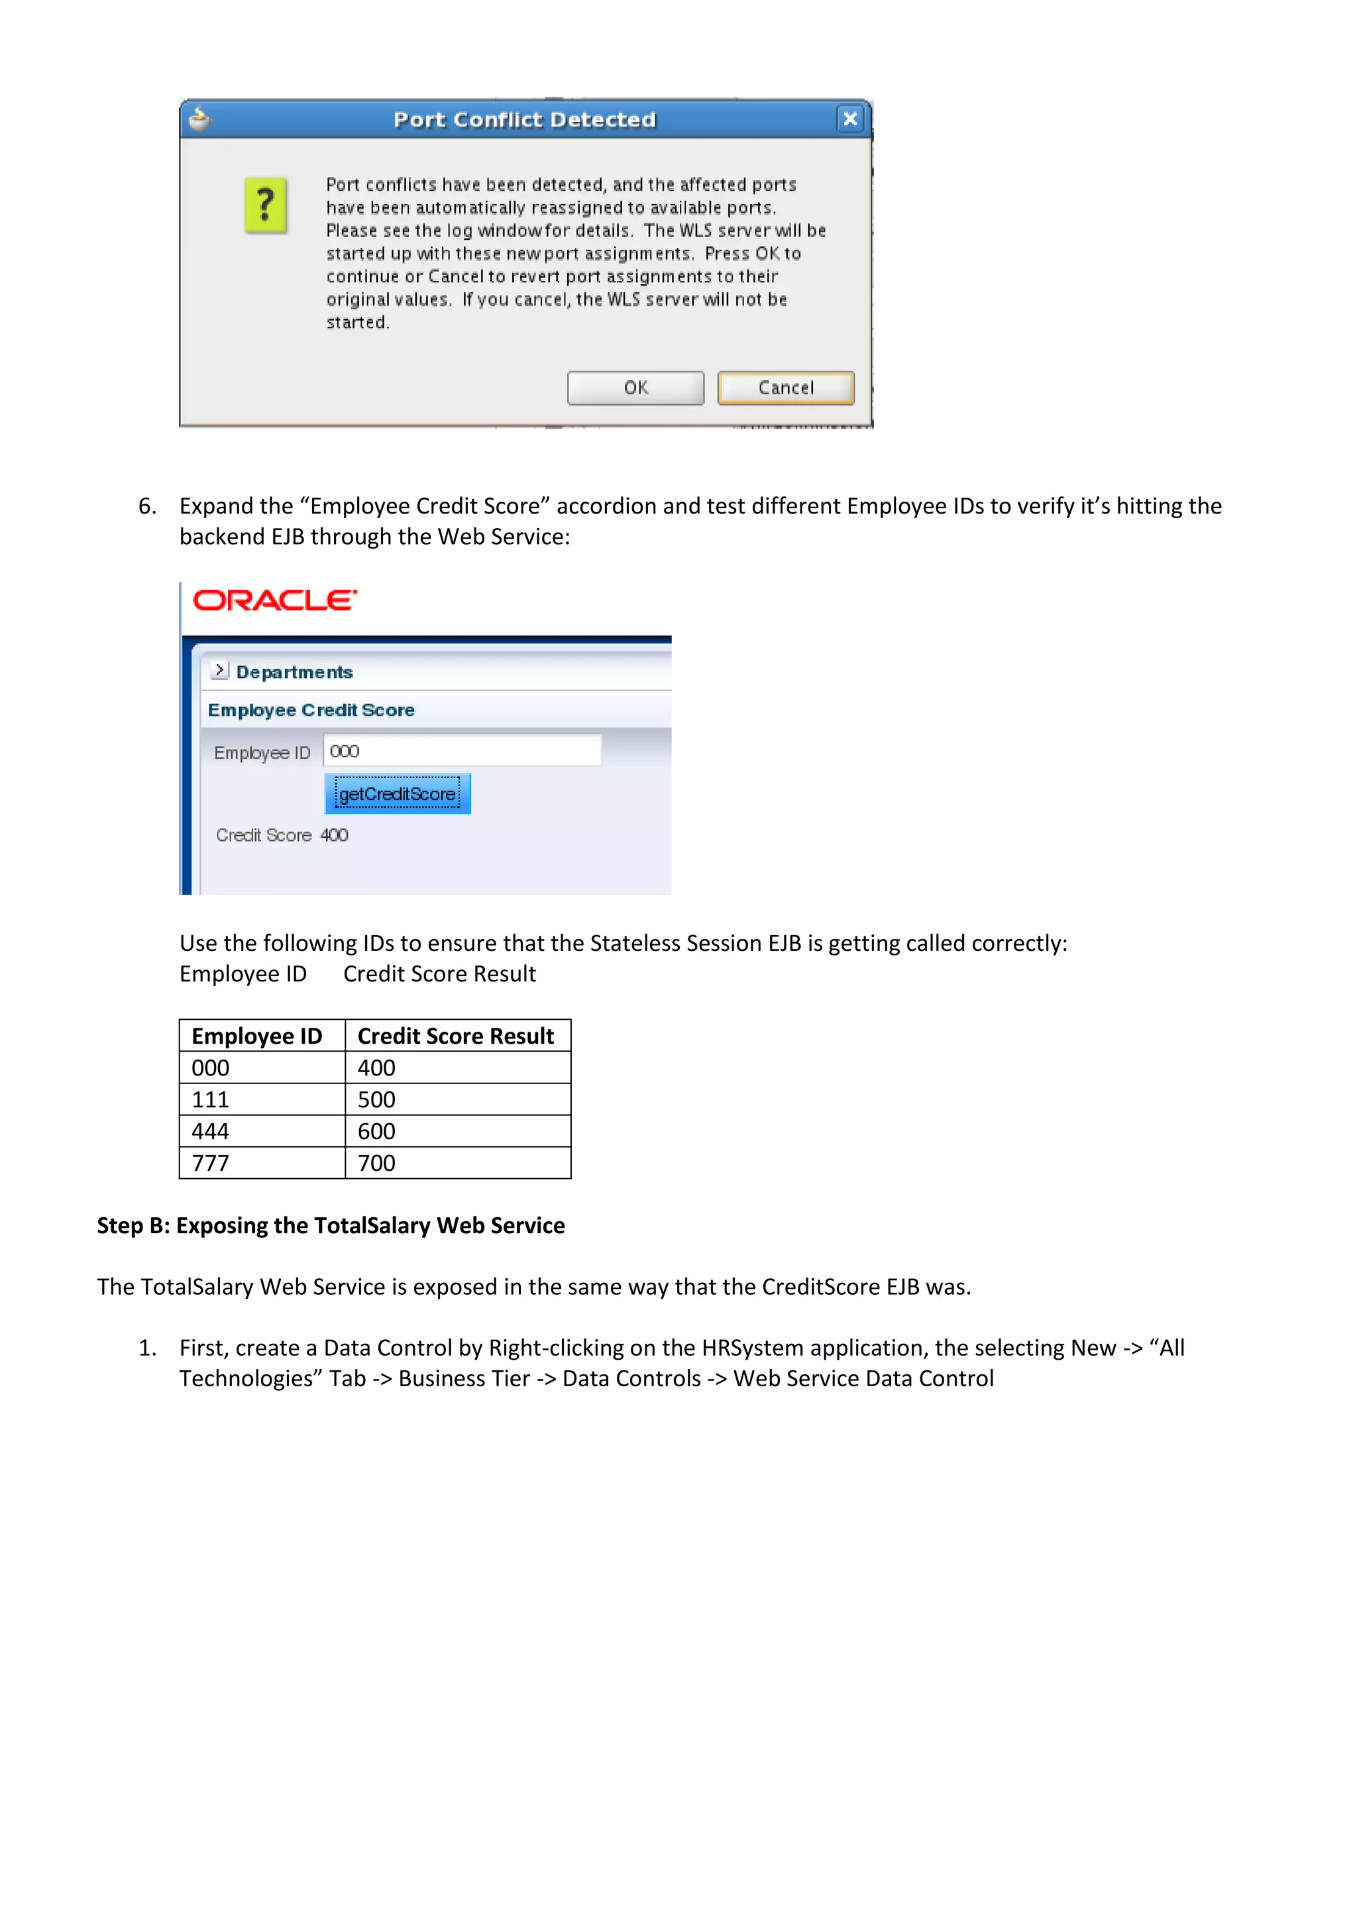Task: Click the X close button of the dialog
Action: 850,119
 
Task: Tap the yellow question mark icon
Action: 265,205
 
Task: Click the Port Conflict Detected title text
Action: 525,119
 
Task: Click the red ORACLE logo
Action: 274,600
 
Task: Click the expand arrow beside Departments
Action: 220,671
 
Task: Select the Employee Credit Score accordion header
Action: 311,710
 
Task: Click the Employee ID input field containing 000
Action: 462,751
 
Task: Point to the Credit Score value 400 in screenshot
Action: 334,835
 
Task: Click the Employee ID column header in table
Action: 256,1036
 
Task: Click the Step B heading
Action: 331,1225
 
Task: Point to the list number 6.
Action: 147,506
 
